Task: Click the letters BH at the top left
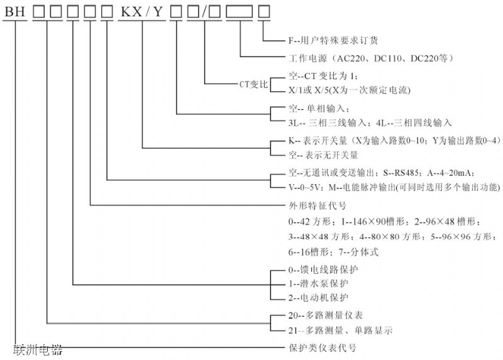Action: (15, 11)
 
